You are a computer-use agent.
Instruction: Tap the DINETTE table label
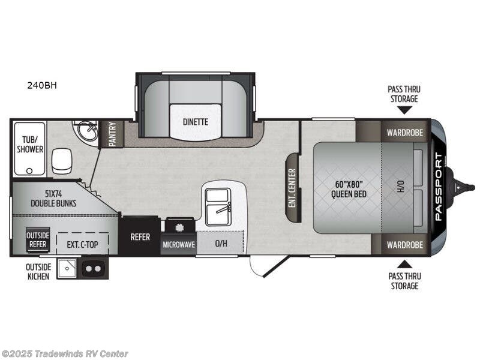click(x=195, y=122)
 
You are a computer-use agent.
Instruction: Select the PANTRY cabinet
click(x=112, y=134)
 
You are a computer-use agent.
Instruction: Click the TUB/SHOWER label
click(x=29, y=145)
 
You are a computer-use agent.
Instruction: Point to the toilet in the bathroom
click(x=62, y=161)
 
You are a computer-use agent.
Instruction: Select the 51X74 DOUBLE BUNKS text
click(x=53, y=198)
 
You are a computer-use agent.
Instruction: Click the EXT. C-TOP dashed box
click(x=82, y=244)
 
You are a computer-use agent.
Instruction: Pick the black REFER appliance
click(x=140, y=236)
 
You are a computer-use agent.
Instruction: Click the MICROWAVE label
click(x=179, y=245)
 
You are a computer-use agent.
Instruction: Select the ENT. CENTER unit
click(x=292, y=188)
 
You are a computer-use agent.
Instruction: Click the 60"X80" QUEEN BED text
click(x=348, y=188)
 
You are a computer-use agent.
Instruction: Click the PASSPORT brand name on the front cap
click(x=438, y=187)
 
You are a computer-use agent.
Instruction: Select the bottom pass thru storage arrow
click(x=404, y=263)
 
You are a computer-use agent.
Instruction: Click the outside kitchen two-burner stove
click(x=94, y=268)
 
